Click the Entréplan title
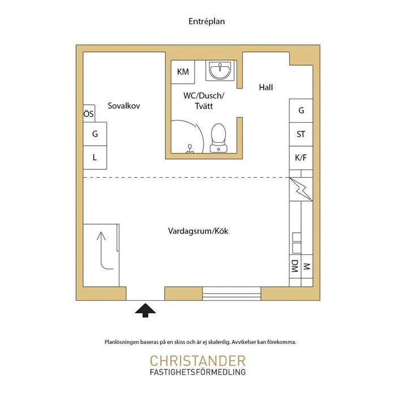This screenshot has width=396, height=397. point(206,22)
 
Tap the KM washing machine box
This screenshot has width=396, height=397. point(183,72)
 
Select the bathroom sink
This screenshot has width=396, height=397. point(219,70)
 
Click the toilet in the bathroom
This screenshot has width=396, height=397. point(218,138)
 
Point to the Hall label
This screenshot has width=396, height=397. point(266,88)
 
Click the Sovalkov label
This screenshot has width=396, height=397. point(124,105)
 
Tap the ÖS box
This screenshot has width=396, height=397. point(89,113)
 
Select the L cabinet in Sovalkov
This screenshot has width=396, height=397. point(95,157)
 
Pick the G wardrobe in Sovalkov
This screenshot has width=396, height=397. point(95,134)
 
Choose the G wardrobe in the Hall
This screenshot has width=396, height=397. point(301,110)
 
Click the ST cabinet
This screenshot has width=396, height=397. point(301,134)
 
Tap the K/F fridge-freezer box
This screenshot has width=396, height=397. point(301,158)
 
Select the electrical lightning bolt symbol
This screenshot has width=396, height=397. point(301,189)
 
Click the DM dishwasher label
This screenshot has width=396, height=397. point(295,266)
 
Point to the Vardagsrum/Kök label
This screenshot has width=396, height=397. point(198,231)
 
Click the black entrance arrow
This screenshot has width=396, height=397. point(145,310)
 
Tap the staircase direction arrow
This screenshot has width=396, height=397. point(101,253)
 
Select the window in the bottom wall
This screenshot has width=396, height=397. point(231,293)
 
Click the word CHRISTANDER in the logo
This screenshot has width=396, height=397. point(198,361)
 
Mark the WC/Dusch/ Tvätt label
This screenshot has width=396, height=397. point(204,101)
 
